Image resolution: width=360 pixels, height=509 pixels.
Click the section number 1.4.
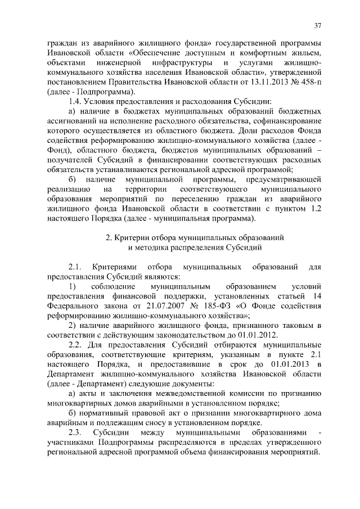point(75,102)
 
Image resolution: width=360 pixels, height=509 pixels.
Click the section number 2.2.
point(75,346)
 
